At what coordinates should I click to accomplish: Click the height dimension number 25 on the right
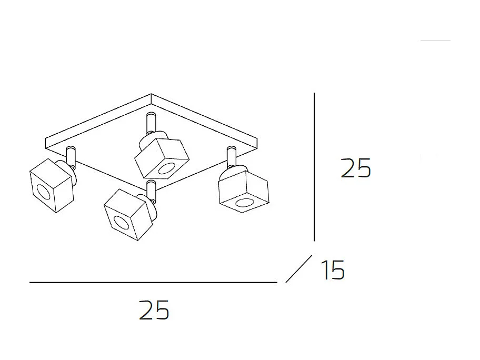pyautogui.click(x=356, y=168)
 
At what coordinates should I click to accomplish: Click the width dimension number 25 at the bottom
pyautogui.click(x=154, y=310)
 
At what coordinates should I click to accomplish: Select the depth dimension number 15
pyautogui.click(x=332, y=271)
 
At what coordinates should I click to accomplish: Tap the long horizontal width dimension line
pyautogui.click(x=153, y=283)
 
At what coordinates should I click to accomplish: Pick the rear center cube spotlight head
pyautogui.click(x=161, y=156)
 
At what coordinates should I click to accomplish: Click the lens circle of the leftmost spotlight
pyautogui.click(x=43, y=192)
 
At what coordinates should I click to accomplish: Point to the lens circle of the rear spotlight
pyautogui.click(x=167, y=169)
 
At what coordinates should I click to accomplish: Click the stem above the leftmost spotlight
pyautogui.click(x=71, y=156)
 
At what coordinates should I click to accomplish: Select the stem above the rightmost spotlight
pyautogui.click(x=231, y=156)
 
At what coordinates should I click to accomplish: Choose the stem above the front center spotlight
pyautogui.click(x=152, y=189)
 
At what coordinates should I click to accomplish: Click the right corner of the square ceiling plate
pyautogui.click(x=259, y=139)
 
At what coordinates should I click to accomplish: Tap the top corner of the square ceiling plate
pyautogui.click(x=152, y=96)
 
